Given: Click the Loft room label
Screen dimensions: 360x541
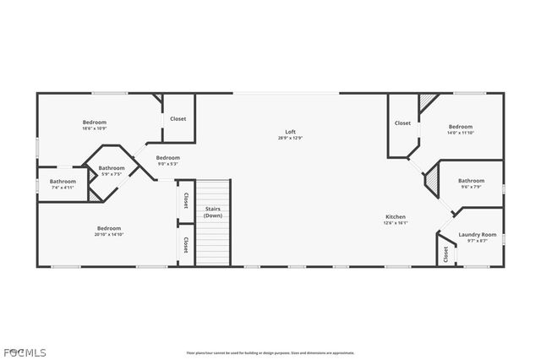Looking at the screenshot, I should tap(290, 132).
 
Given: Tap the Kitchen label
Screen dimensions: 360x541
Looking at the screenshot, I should tap(396, 216).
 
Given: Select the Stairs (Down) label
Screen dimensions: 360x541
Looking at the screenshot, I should tap(213, 212).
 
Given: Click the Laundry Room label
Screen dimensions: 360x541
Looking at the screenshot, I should tap(477, 234).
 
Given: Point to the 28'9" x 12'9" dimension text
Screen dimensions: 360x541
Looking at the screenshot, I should tap(290, 138).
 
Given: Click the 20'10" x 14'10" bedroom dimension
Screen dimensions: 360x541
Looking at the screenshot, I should tap(109, 234).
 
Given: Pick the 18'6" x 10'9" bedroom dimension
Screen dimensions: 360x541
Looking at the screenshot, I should tap(94, 128).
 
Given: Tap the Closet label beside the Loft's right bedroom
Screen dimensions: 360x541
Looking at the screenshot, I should tap(402, 123).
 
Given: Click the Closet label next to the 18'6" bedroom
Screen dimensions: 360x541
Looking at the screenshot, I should tap(178, 119).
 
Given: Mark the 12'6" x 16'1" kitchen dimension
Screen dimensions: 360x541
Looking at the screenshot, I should tap(396, 223).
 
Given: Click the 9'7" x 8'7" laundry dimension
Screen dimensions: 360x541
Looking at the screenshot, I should tap(477, 241).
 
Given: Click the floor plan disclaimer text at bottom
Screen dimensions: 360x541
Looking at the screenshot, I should tap(270, 353).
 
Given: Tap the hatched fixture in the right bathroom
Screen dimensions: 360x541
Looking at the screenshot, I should tap(433, 180).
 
